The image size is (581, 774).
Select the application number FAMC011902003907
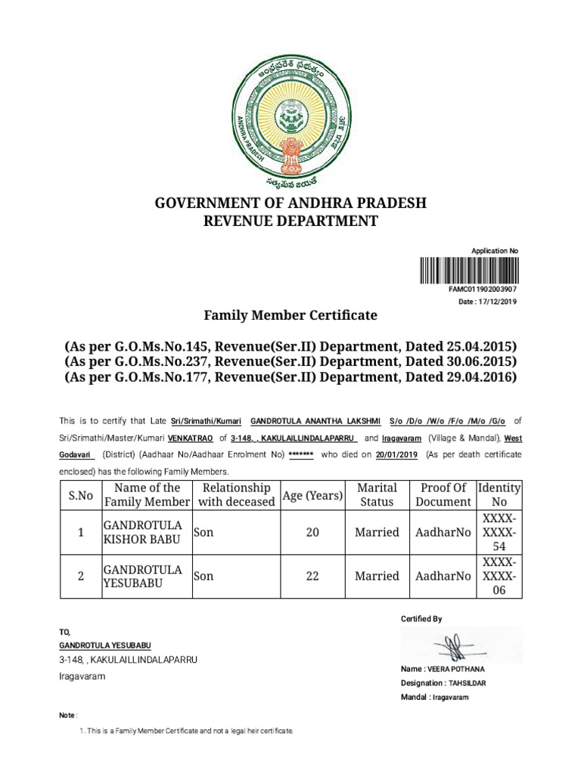[483, 289]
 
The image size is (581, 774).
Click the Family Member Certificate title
[290, 314]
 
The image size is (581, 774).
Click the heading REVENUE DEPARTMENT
[290, 221]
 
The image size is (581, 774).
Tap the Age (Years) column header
[312, 495]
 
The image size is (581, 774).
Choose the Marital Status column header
[377, 495]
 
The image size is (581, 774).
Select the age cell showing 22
[312, 576]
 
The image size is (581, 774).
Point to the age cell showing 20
[312, 532]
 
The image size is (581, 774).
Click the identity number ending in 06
[499, 576]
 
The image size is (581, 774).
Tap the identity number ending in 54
[499, 532]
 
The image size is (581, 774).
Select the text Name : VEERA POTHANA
[443, 670]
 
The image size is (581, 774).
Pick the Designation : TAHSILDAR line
[443, 683]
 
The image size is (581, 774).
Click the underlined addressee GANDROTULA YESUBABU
[105, 646]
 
